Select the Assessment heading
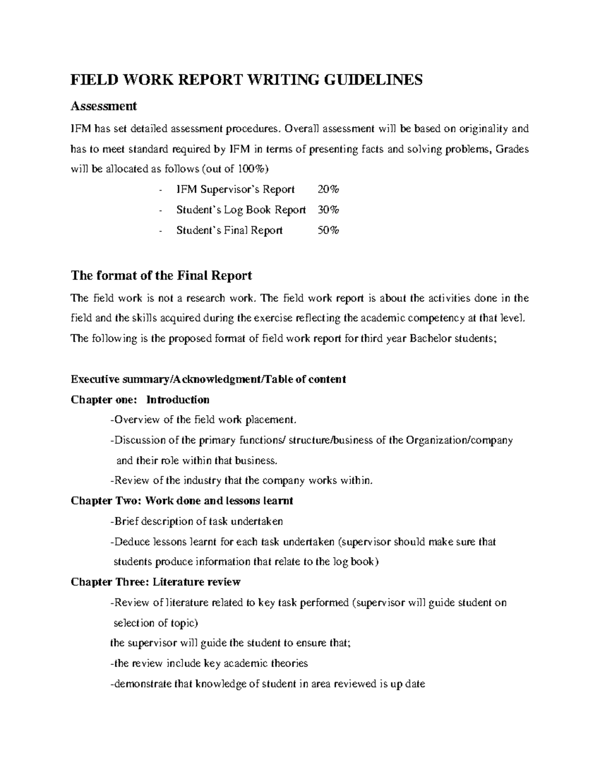point(103,106)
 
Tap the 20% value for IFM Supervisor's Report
point(328,189)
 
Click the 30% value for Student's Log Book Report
point(328,210)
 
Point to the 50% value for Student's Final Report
point(328,230)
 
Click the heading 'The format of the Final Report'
point(161,275)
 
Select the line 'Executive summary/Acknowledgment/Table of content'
point(208,379)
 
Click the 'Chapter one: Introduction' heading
point(140,399)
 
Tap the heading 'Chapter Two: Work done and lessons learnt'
point(182,500)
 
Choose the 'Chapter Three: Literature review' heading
point(155,582)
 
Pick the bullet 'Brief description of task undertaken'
point(196,521)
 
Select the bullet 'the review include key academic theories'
point(208,663)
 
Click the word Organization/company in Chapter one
point(459,440)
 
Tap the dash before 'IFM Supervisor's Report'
point(159,190)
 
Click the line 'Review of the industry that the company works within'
point(241,481)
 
